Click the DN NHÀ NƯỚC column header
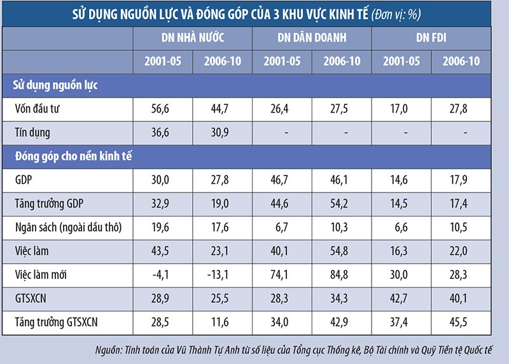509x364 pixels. [x=192, y=38]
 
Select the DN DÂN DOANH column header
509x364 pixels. [x=312, y=38]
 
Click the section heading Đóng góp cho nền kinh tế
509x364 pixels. [x=73, y=156]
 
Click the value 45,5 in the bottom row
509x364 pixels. [x=461, y=322]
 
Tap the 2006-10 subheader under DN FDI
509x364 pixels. [x=461, y=61]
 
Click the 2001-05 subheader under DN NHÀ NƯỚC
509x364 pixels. [x=162, y=61]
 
